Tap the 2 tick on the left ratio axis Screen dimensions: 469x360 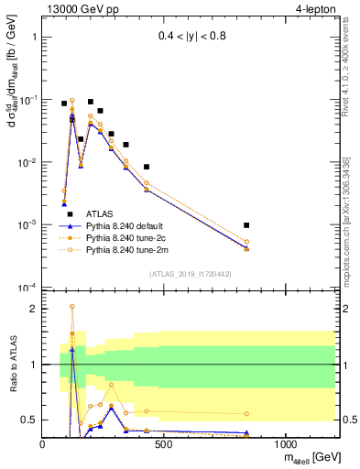coord(34,309)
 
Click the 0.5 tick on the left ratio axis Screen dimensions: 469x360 coord(30,420)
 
